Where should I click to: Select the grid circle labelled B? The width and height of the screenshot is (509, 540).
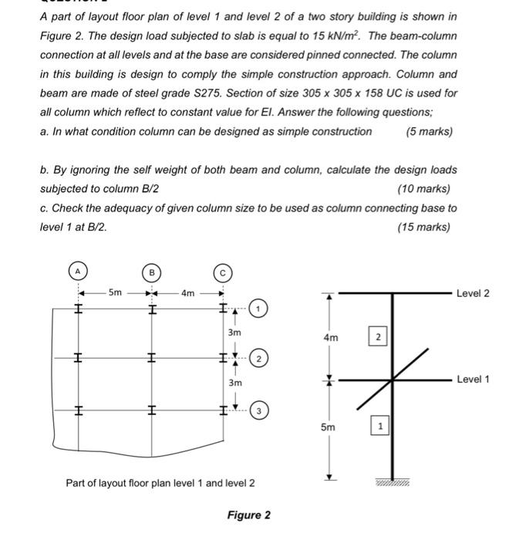(x=151, y=272)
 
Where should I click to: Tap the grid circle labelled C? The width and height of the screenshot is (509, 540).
(x=222, y=272)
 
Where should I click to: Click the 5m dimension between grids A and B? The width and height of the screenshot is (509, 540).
(x=114, y=292)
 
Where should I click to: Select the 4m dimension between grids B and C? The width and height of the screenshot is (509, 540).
(x=187, y=293)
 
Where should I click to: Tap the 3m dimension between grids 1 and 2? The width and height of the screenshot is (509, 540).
(x=234, y=332)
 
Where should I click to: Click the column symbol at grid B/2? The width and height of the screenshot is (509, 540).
(x=151, y=358)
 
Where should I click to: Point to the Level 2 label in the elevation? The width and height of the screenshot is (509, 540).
(x=473, y=293)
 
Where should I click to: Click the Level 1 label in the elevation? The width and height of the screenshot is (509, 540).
(x=473, y=380)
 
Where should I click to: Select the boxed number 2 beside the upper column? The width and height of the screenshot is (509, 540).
(x=378, y=337)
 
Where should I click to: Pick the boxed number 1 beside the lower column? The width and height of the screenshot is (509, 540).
(x=378, y=426)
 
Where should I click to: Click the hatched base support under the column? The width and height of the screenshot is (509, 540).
(x=393, y=482)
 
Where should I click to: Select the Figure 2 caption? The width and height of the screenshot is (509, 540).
(x=248, y=515)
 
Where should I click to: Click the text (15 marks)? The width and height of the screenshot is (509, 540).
(x=423, y=227)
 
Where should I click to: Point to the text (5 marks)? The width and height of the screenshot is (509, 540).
(x=428, y=131)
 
